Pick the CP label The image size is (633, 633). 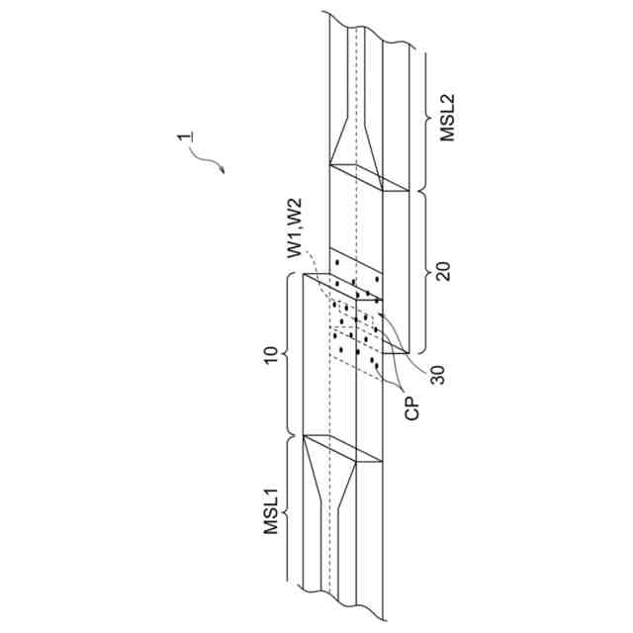[x=412, y=408]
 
